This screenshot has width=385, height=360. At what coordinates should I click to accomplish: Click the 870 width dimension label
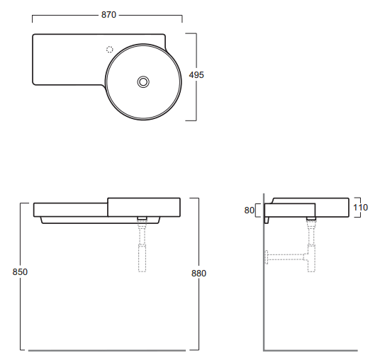(x=108, y=15)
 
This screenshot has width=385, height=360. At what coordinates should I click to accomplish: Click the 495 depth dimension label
(x=196, y=75)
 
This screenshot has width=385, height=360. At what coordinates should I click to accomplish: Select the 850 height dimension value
(x=20, y=272)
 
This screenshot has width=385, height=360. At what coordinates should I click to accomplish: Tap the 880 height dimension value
(x=199, y=273)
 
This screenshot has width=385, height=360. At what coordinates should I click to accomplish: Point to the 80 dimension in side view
(x=249, y=210)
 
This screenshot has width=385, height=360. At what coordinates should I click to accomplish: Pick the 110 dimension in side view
(x=360, y=208)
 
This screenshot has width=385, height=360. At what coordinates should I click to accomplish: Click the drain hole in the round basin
(x=143, y=81)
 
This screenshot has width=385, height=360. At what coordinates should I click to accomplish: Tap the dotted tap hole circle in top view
(x=110, y=50)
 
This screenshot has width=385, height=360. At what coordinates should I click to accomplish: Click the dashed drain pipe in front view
(x=143, y=245)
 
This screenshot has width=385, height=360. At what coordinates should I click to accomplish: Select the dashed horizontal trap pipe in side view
(x=286, y=257)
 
